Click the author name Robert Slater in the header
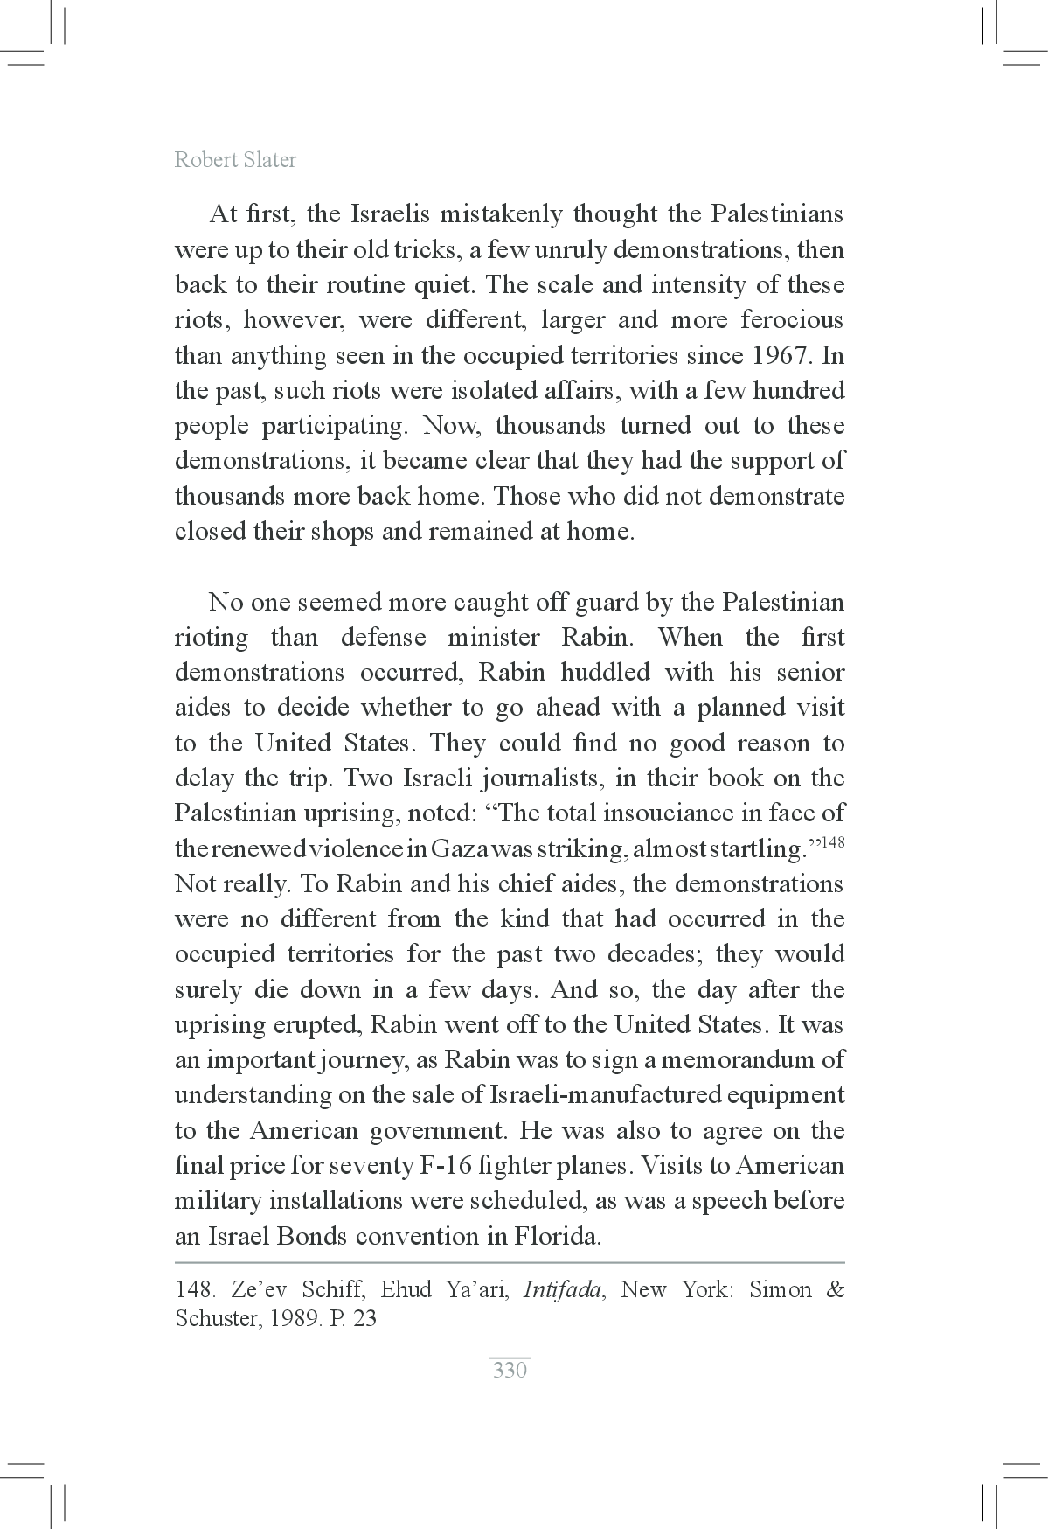point(235,159)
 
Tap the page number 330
point(510,1370)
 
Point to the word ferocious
point(792,320)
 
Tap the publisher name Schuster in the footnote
point(216,1318)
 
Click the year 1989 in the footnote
point(293,1318)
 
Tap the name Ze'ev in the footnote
point(260,1290)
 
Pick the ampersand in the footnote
point(835,1290)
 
